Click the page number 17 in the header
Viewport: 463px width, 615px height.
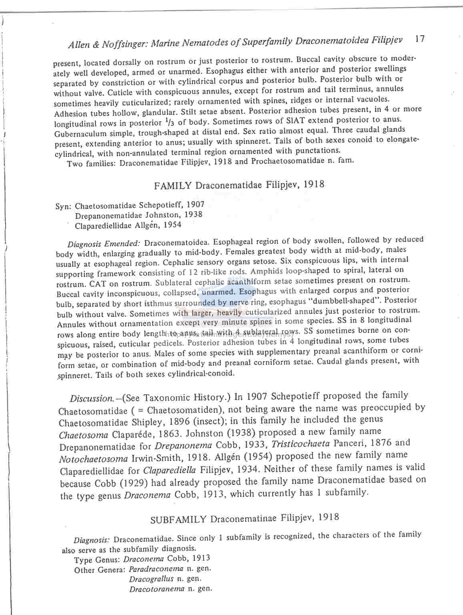[419, 39]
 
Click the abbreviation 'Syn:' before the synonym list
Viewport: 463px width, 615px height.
[64, 206]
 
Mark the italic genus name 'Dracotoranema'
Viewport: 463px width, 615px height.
[157, 589]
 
